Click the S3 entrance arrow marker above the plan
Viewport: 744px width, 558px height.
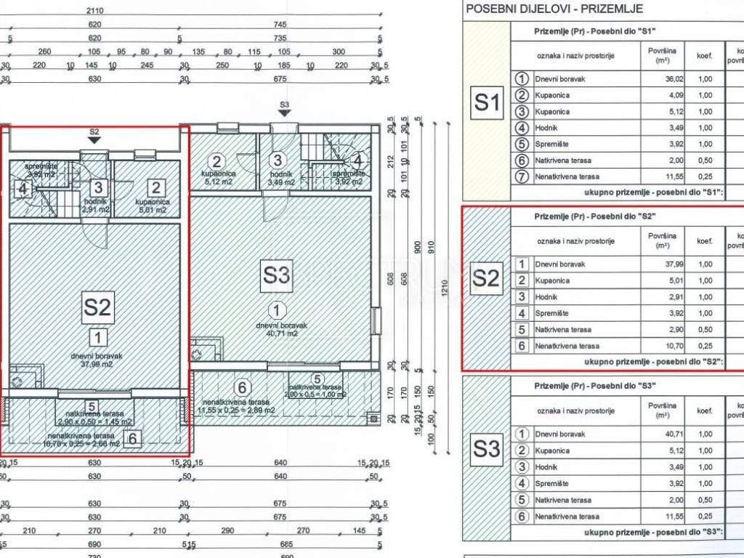[x=284, y=109]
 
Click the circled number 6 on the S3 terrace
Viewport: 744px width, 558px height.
[x=243, y=387]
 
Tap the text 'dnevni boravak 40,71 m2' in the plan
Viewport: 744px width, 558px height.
[x=281, y=331]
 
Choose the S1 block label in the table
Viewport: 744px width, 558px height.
[x=487, y=103]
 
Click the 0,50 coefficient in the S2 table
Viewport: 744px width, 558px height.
[x=705, y=330]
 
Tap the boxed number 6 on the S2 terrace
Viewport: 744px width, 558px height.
[x=132, y=438]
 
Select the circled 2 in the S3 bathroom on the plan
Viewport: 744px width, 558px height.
[x=216, y=161]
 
